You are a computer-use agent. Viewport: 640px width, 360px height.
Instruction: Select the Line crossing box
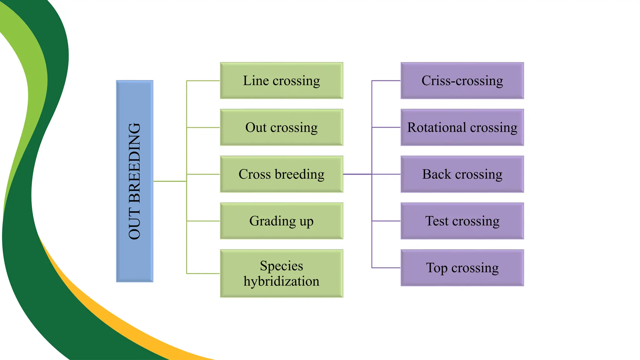(282, 81)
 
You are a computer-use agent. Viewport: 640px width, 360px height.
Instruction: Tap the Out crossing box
(282, 127)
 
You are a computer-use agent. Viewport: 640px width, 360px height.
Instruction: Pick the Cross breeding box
(282, 174)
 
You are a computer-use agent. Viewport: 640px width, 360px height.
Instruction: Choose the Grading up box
(282, 221)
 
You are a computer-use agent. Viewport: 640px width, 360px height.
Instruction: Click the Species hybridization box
(282, 273)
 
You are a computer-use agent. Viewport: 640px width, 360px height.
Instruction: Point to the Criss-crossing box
(462, 81)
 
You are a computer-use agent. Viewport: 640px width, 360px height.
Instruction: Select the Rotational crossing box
(462, 127)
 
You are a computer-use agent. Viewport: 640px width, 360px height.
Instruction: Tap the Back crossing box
(462, 174)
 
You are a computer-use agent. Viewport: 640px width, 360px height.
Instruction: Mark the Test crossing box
(462, 221)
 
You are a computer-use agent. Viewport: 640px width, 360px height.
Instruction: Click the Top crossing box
(462, 268)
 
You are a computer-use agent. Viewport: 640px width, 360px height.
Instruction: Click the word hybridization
(282, 281)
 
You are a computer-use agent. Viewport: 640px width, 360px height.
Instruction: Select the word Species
(282, 266)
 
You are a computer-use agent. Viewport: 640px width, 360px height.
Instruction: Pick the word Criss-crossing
(462, 81)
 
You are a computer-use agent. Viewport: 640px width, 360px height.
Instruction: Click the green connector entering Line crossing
(203, 81)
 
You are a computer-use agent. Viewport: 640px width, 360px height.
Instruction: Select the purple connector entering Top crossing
(386, 268)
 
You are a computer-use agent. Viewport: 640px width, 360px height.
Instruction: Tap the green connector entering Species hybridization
(203, 273)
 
